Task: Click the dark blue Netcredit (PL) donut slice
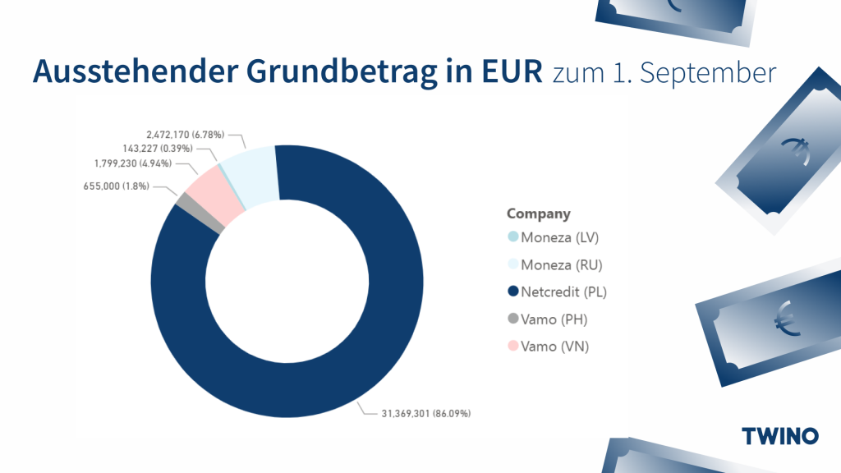point(287,378)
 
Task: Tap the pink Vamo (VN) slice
point(212,200)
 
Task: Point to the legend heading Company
point(538,214)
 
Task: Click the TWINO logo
point(779,435)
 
